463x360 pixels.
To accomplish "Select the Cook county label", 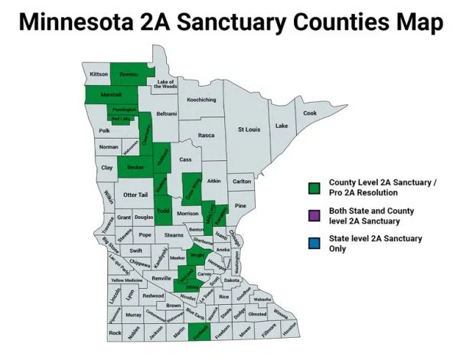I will pos(309,113).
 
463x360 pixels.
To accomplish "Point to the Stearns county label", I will pos(174,234).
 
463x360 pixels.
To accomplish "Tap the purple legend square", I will pos(314,216).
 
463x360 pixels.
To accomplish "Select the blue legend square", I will pos(314,244).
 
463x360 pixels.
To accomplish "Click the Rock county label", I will pos(115,333).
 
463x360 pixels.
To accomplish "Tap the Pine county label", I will pos(240,206).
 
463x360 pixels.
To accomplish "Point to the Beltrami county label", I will pos(166,113).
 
